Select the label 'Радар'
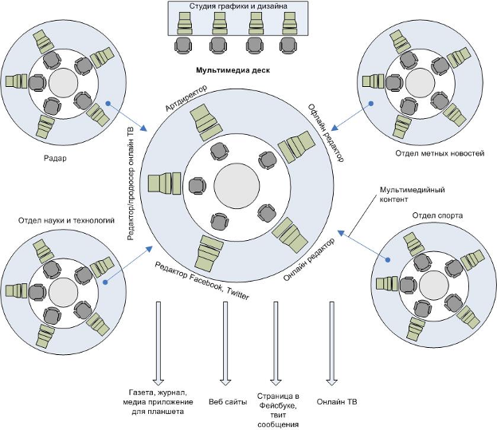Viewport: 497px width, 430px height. (55, 157)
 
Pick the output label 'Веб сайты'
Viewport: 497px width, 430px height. (227, 401)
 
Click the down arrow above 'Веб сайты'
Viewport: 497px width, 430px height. (226, 343)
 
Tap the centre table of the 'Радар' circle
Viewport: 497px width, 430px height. (62, 81)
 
